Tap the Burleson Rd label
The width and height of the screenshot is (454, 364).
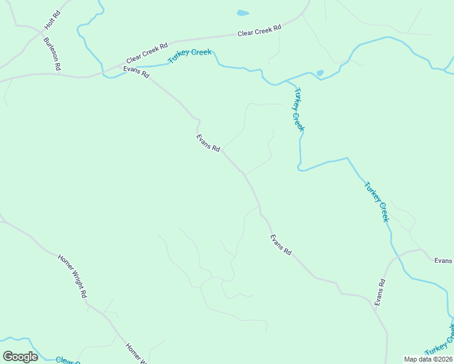pos(52,55)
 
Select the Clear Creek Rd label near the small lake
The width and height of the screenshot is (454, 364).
pos(259,32)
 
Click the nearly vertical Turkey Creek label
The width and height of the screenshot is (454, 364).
pos(298,110)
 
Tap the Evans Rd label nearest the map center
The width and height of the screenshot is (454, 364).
pos(208,143)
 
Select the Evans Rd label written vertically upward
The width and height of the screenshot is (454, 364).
pos(380,292)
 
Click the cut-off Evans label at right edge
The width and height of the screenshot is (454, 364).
pos(443,260)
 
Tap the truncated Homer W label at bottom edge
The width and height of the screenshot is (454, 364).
pos(135,354)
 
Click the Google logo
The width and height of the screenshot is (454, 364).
pos(20,357)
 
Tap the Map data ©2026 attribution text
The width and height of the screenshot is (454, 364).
pos(428,359)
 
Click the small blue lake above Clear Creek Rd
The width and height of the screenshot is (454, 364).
pos(243,13)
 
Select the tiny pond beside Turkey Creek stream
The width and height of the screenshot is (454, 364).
pos(320,73)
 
